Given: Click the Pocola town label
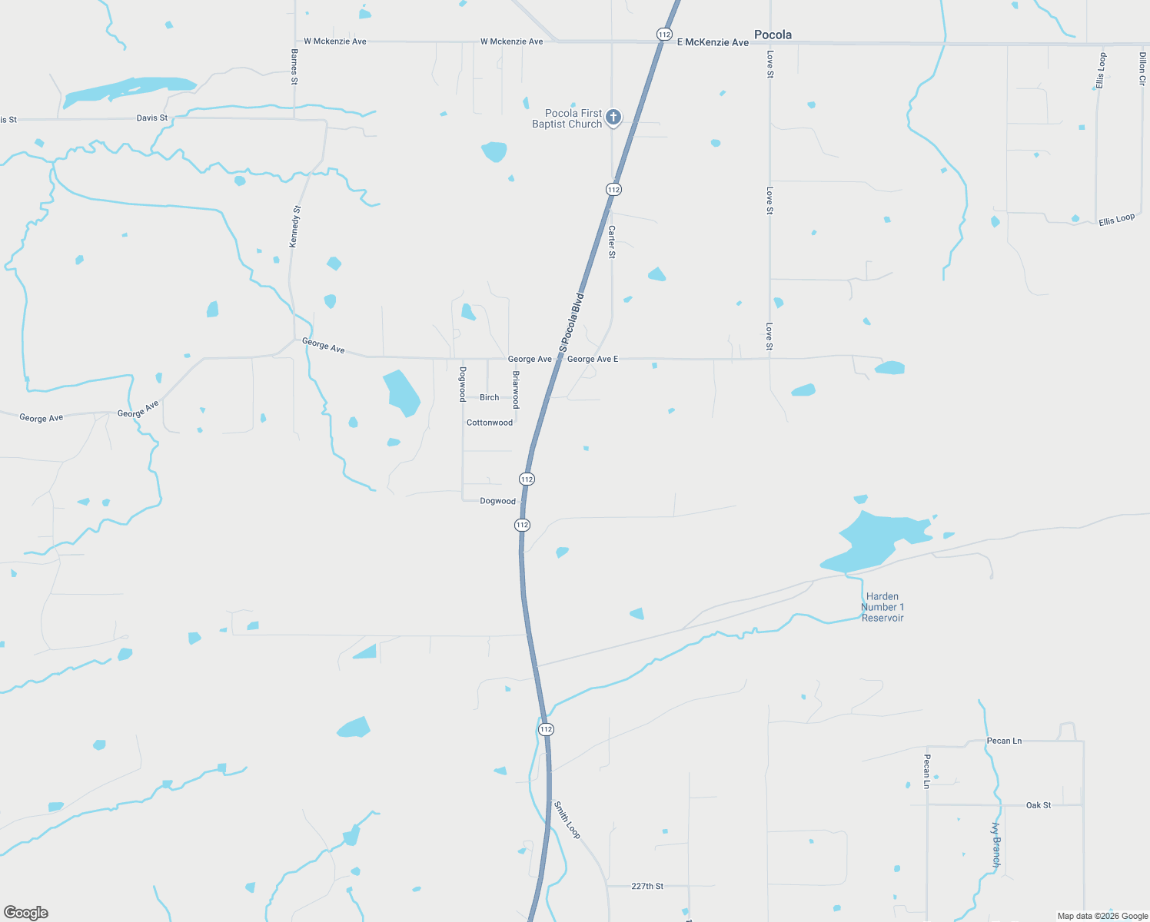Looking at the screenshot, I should point(773,35).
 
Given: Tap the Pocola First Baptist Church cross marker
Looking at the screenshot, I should point(613,118).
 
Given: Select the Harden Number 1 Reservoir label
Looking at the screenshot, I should point(882,607).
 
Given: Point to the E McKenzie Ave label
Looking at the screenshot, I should point(713,42).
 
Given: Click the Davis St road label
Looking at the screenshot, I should point(151,118).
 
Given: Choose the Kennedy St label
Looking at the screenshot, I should point(295,227).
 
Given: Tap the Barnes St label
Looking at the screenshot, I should point(294,66).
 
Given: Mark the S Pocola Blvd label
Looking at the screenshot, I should point(571,323).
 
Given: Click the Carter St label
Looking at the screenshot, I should point(612,242).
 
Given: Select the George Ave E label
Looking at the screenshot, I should point(592,359).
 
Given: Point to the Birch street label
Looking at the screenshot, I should point(489,397).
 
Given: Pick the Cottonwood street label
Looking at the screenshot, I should point(489,423).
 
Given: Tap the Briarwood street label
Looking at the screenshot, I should point(516,390).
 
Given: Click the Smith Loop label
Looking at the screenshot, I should point(567,820).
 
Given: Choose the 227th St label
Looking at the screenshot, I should point(646,886).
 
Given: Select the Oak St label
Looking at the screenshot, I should point(1038,805).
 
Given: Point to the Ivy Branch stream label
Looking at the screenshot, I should point(996,845).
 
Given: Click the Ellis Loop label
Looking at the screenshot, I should point(1116,220).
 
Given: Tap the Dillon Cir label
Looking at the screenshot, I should point(1142,68).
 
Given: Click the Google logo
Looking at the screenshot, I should point(26,913).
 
